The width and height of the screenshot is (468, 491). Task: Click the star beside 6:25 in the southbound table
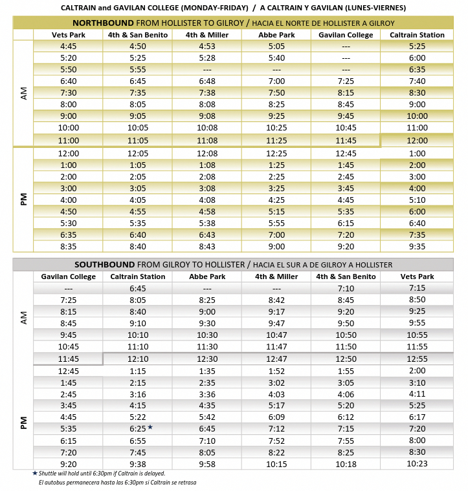coord(150,427)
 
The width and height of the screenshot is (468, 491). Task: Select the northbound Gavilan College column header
coord(346,35)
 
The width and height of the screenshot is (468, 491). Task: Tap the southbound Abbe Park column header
coord(206,277)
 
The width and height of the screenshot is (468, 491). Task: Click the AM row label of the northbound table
coord(24,93)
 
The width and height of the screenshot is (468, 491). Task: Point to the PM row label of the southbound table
coord(24,422)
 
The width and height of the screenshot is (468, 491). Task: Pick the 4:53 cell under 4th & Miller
coord(206,47)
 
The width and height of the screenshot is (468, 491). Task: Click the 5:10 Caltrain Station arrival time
coord(417,200)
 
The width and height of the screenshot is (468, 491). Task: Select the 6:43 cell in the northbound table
coord(206,235)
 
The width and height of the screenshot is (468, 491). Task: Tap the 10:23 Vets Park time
coord(417,463)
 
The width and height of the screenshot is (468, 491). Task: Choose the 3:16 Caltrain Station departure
coord(138,393)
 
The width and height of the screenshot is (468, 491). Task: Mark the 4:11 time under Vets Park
coord(417,393)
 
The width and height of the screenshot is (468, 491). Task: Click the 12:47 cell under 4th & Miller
coord(276,359)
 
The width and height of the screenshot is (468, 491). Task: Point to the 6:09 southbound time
coord(276,417)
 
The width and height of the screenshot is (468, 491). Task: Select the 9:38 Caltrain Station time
coord(138,463)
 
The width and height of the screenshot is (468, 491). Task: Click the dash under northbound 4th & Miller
coord(206,70)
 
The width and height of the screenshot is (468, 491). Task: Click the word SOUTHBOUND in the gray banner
coord(104,265)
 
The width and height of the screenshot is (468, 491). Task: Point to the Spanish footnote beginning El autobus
coord(117,483)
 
